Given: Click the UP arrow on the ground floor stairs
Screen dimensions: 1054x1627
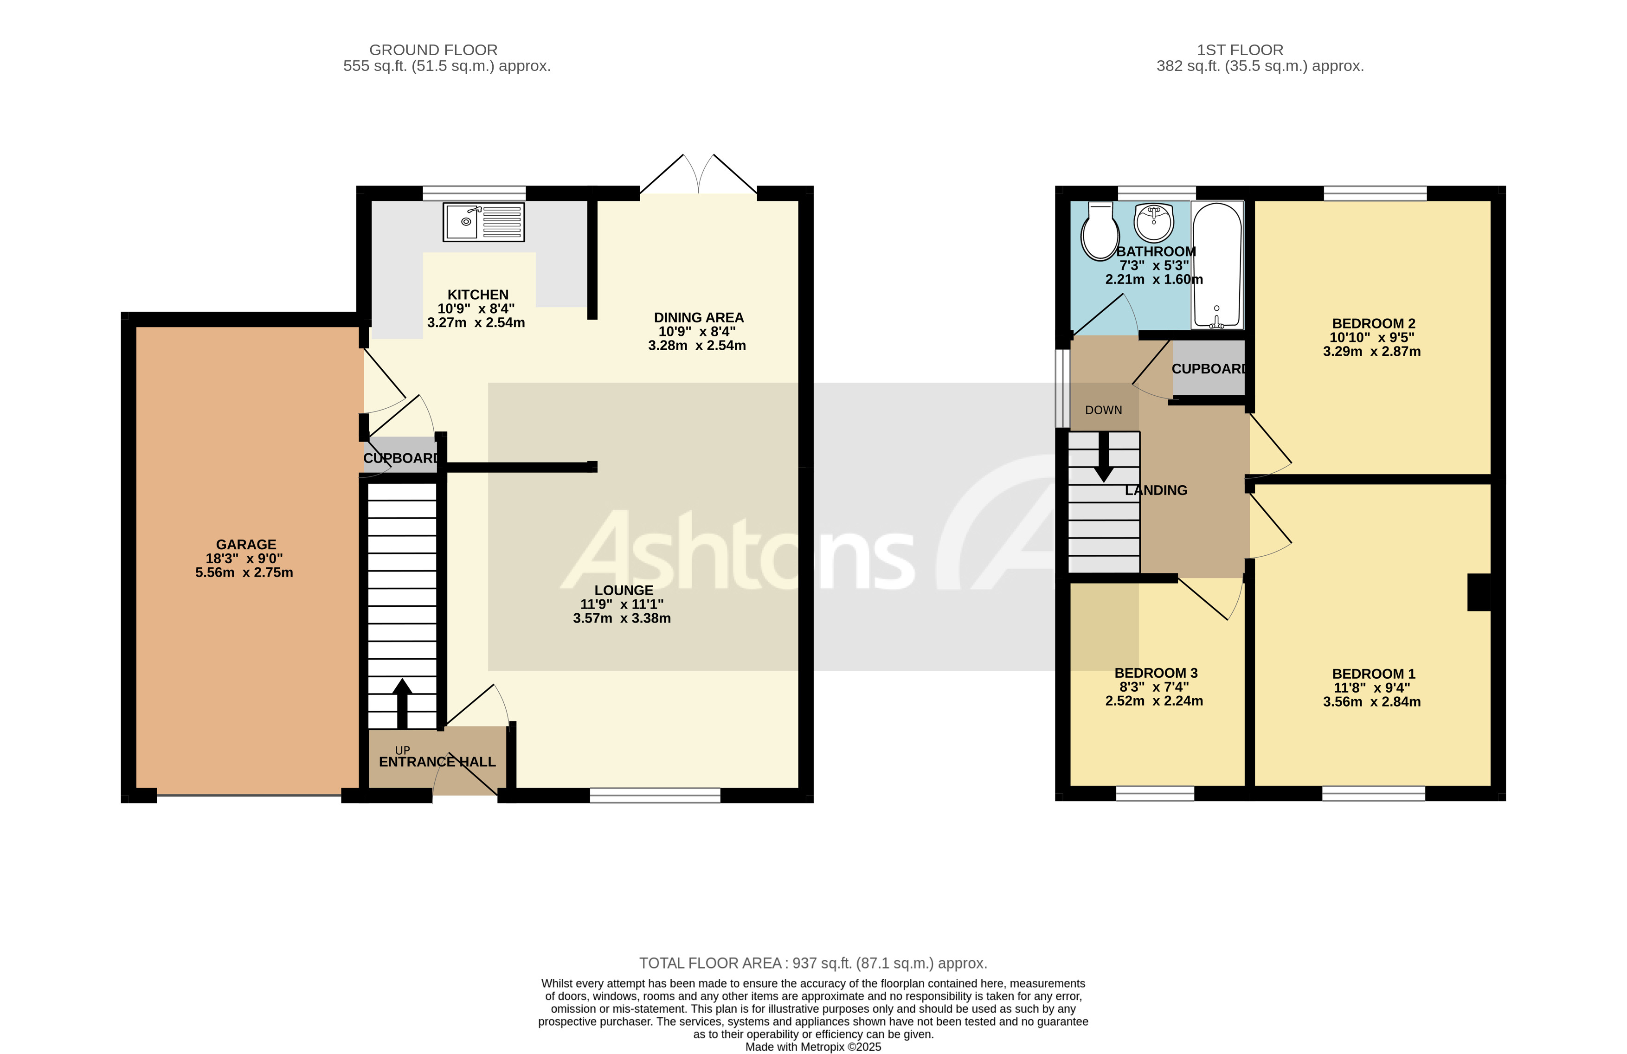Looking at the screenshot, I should (x=402, y=703).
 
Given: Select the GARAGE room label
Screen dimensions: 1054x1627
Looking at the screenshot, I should (x=246, y=545).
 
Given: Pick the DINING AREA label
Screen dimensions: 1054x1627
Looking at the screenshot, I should (x=699, y=318).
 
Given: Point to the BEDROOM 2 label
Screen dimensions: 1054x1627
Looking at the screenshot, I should (x=1373, y=324).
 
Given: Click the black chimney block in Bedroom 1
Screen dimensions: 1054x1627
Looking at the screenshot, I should (x=1479, y=592).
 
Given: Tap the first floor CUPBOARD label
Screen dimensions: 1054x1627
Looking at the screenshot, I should (x=1209, y=369).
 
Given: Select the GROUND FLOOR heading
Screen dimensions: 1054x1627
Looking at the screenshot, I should (x=433, y=50).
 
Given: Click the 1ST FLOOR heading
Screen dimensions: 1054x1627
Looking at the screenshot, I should (x=1240, y=50).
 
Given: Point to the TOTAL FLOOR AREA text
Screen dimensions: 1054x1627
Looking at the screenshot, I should (x=813, y=963).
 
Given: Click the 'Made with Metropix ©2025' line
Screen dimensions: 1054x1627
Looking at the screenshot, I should (x=813, y=1047).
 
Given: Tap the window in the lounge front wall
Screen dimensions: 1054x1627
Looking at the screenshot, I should (x=655, y=795).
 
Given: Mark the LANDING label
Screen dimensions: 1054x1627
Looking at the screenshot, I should (x=1156, y=490).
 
